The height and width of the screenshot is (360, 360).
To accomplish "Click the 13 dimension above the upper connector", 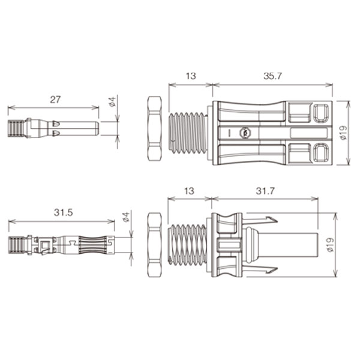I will (190, 77).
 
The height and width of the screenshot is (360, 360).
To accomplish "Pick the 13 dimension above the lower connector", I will (189, 191).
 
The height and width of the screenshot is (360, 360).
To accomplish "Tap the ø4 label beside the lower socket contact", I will (125, 216).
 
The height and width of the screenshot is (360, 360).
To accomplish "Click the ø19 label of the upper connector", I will (344, 134).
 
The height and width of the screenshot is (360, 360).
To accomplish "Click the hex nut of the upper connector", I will (154, 128).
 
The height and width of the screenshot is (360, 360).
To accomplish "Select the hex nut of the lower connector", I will (154, 245).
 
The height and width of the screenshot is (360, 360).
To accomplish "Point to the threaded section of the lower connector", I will (188, 245).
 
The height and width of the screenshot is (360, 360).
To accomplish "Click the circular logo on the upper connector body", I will (244, 133).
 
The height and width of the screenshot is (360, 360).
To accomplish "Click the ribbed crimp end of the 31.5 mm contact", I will (17, 245).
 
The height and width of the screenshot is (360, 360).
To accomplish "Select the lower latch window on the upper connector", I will (320, 153).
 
